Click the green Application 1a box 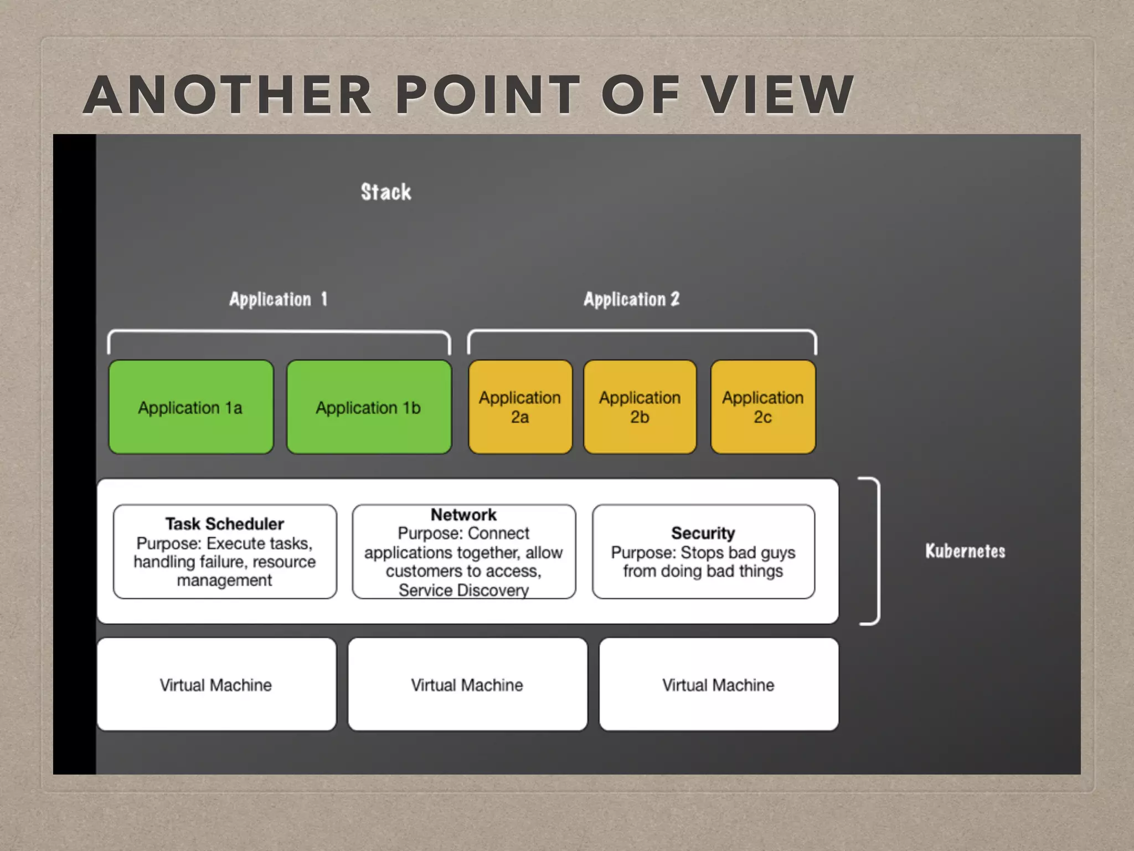pyautogui.click(x=191, y=407)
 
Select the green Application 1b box pyautogui.click(x=369, y=407)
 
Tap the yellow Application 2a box pyautogui.click(x=520, y=407)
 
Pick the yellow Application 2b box pyautogui.click(x=640, y=407)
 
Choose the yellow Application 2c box pyautogui.click(x=762, y=407)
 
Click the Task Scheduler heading pyautogui.click(x=225, y=524)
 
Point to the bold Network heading pyautogui.click(x=463, y=515)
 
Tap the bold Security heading pyautogui.click(x=703, y=533)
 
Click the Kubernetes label pyautogui.click(x=965, y=551)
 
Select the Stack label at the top pyautogui.click(x=386, y=192)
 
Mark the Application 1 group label pyautogui.click(x=279, y=299)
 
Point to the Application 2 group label pyautogui.click(x=631, y=299)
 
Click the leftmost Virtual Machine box pyautogui.click(x=216, y=685)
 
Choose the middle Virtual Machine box pyautogui.click(x=467, y=685)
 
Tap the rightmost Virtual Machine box pyautogui.click(x=718, y=685)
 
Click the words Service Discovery pyautogui.click(x=463, y=590)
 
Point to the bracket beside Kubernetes pyautogui.click(x=876, y=551)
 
